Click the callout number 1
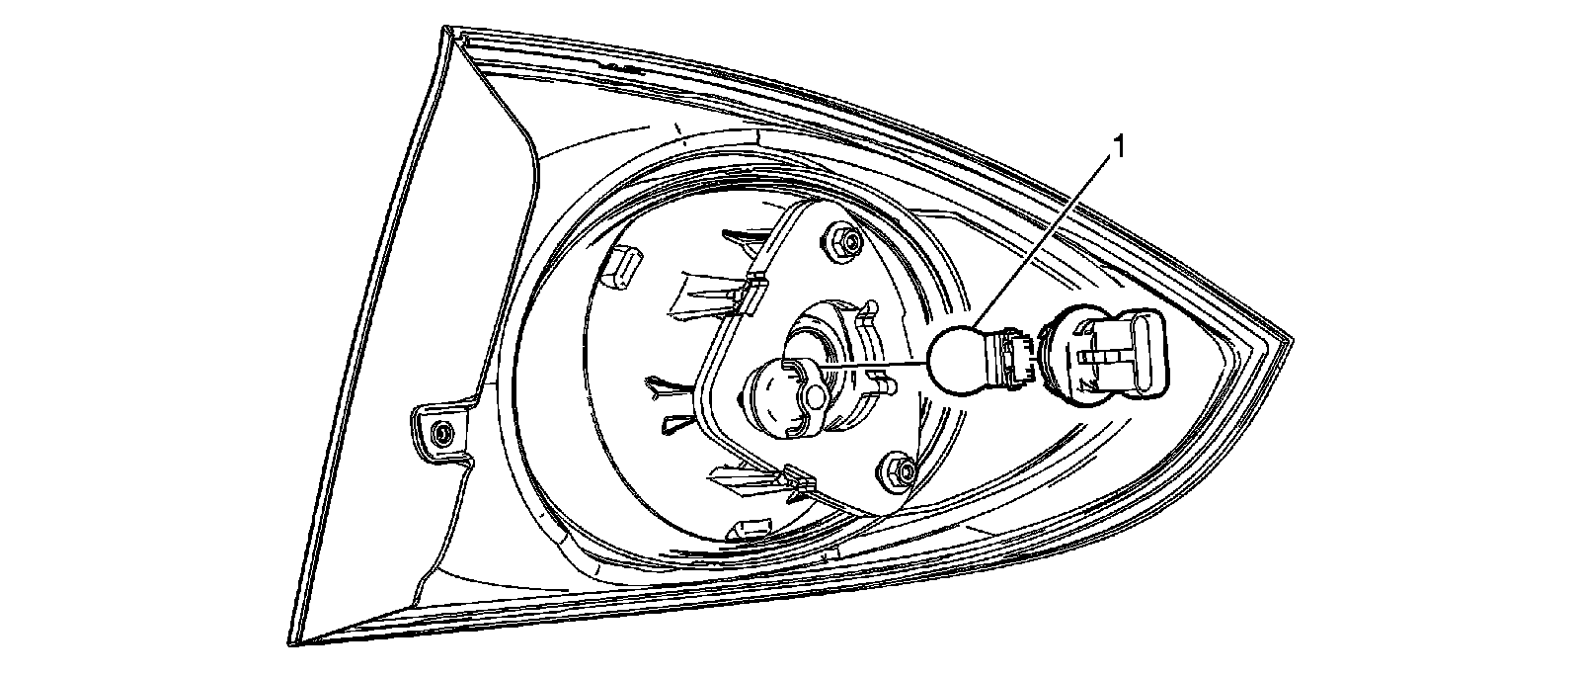1119,146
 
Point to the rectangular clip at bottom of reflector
746,529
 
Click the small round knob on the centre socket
816,395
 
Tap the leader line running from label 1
1047,237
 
